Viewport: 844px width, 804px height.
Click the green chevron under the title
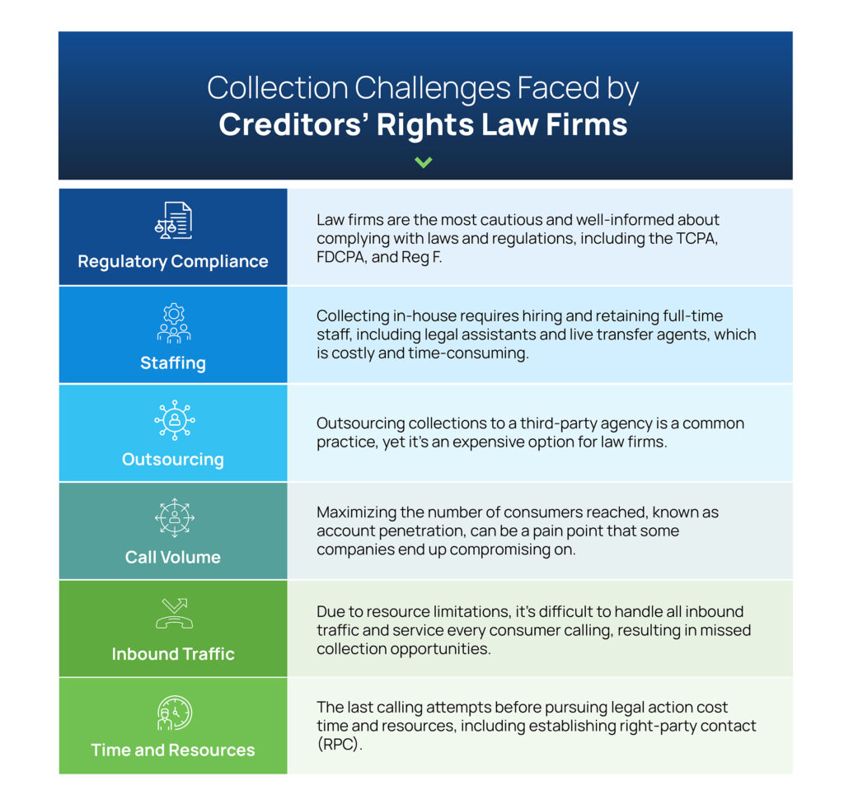click(x=423, y=162)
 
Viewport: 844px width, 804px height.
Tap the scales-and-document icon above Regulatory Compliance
click(x=173, y=220)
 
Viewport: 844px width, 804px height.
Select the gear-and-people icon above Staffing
click(x=173, y=323)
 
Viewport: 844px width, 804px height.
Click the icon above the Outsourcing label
click(x=175, y=420)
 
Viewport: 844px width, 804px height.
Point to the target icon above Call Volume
click(x=175, y=517)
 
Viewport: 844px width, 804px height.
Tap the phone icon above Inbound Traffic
click(x=175, y=614)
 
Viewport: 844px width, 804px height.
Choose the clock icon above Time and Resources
click(x=175, y=713)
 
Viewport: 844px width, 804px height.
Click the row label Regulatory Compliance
click(x=173, y=261)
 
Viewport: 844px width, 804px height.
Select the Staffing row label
click(x=173, y=363)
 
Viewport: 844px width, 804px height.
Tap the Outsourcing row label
click(x=173, y=459)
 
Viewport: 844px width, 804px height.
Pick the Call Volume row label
click(x=173, y=557)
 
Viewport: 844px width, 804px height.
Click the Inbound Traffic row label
click(x=173, y=654)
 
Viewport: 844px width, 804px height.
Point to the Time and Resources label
click(x=173, y=750)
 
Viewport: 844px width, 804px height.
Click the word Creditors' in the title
click(x=293, y=124)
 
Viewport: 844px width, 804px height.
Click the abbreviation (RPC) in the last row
click(x=339, y=745)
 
